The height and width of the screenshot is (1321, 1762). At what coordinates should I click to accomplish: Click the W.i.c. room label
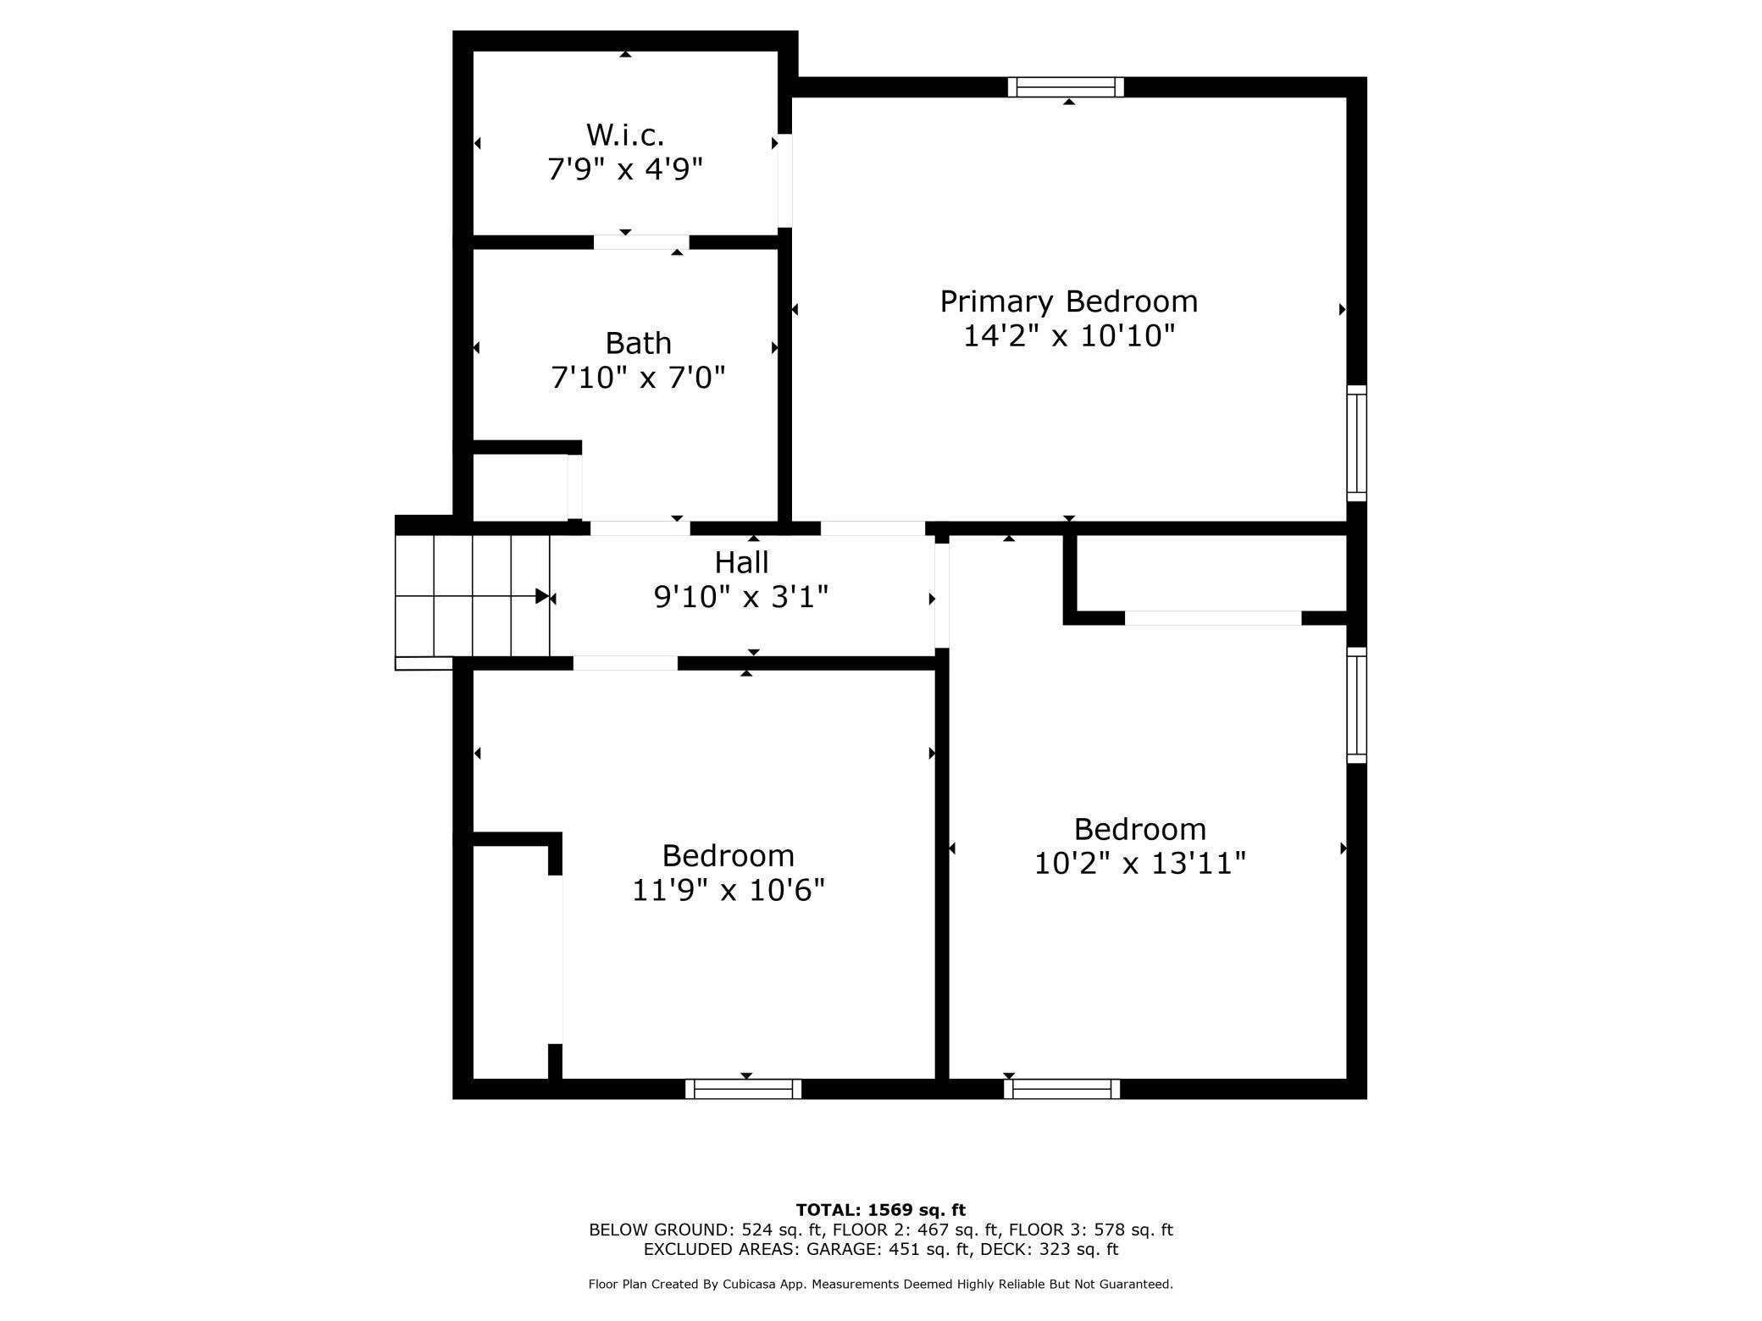(625, 135)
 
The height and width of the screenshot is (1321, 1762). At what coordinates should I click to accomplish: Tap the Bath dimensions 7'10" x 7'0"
(638, 378)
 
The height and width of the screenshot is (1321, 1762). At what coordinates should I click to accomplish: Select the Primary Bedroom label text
(1068, 301)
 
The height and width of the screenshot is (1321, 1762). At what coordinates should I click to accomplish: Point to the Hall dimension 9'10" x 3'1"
(740, 598)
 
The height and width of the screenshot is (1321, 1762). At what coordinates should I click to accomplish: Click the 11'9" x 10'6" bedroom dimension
(728, 890)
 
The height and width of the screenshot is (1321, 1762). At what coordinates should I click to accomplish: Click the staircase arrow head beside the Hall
(542, 596)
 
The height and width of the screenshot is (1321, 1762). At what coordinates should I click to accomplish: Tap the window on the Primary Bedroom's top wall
(1065, 87)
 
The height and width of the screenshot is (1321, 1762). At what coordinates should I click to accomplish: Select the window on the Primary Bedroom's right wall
(1356, 443)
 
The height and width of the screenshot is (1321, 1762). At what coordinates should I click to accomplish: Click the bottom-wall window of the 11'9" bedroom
(743, 1089)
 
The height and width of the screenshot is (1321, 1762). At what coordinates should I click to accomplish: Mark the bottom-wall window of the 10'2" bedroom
(1061, 1089)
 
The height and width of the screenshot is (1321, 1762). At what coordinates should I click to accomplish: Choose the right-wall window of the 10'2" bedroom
(1356, 705)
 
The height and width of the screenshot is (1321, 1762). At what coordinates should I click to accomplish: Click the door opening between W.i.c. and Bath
(641, 242)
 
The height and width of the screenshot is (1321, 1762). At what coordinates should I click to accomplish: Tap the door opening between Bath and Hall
(640, 528)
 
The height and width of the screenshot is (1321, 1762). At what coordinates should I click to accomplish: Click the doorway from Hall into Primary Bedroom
(872, 528)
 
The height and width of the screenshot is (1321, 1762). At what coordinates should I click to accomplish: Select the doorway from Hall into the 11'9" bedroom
(625, 663)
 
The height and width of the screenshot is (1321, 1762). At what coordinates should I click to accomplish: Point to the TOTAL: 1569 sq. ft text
(880, 1210)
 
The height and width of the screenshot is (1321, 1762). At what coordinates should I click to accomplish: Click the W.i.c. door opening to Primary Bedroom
(785, 180)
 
